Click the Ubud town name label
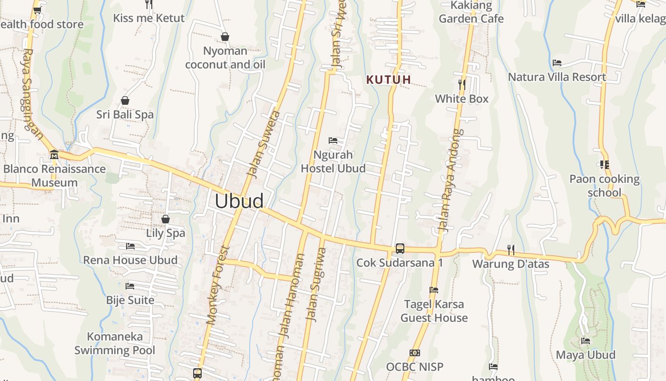point(239,201)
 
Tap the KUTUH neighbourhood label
point(389,80)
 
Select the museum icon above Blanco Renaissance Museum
point(54,155)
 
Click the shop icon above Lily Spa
point(166,219)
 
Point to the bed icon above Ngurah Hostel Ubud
point(333,140)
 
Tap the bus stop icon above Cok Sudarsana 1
point(400,249)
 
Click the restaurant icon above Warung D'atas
point(510,250)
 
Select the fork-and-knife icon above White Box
point(461,85)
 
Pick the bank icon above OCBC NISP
point(414,353)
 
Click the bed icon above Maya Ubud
point(586,341)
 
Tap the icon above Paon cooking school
point(605,165)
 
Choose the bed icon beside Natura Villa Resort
point(557,63)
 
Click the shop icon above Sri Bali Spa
point(125,100)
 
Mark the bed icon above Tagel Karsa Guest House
point(433,290)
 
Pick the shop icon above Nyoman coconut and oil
point(225,37)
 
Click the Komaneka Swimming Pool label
point(115,343)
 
